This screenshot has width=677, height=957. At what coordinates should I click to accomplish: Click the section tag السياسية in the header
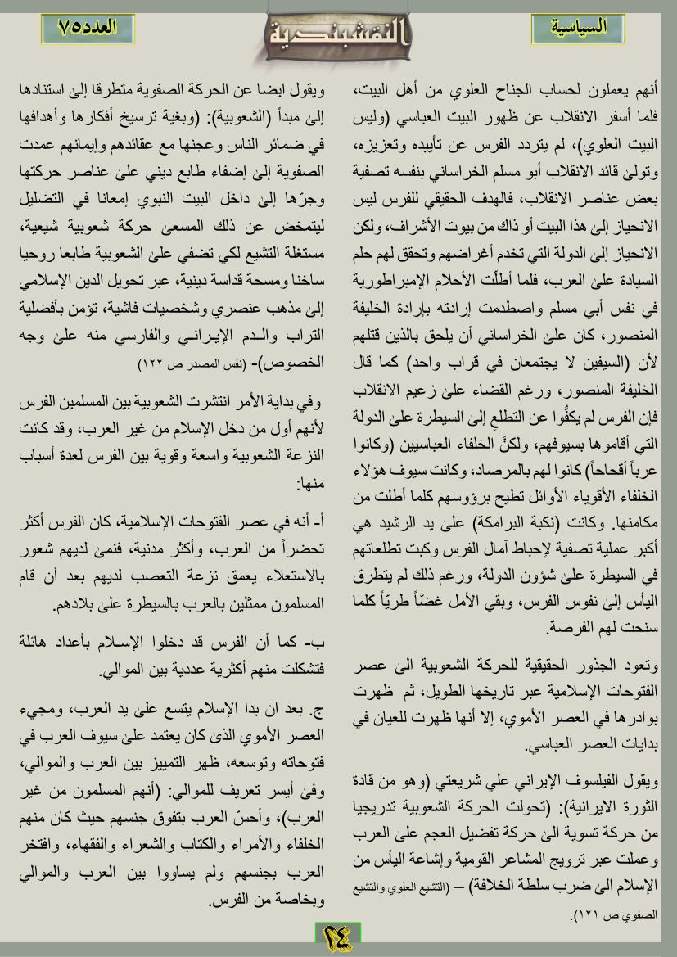click(x=577, y=27)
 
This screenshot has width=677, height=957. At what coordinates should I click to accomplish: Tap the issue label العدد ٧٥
click(x=88, y=27)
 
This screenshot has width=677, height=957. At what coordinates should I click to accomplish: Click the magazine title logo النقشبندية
click(x=337, y=35)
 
